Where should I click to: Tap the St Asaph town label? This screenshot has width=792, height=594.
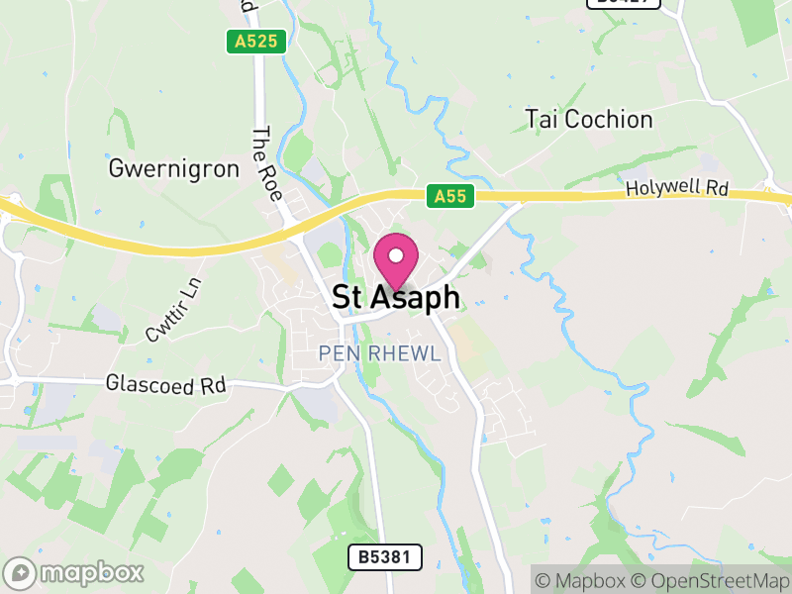tap(396, 298)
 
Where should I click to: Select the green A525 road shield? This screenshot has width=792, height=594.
tap(255, 42)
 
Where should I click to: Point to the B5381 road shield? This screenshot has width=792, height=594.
tap(385, 557)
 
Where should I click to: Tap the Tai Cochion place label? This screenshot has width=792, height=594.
tap(589, 120)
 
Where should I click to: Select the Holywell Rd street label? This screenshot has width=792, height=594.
tap(676, 188)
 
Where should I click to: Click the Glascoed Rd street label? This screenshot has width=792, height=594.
tap(165, 384)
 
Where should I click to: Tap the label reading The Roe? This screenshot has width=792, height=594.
tap(267, 164)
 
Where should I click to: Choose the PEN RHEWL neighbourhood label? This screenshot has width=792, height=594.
tap(379, 353)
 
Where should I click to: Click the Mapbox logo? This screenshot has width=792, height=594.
tap(74, 572)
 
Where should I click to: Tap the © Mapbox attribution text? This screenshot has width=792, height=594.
tap(588, 580)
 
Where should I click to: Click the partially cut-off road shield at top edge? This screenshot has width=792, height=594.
tap(623, 3)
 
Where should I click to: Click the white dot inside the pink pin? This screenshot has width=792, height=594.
tap(396, 255)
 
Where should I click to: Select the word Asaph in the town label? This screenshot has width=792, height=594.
tap(416, 298)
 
